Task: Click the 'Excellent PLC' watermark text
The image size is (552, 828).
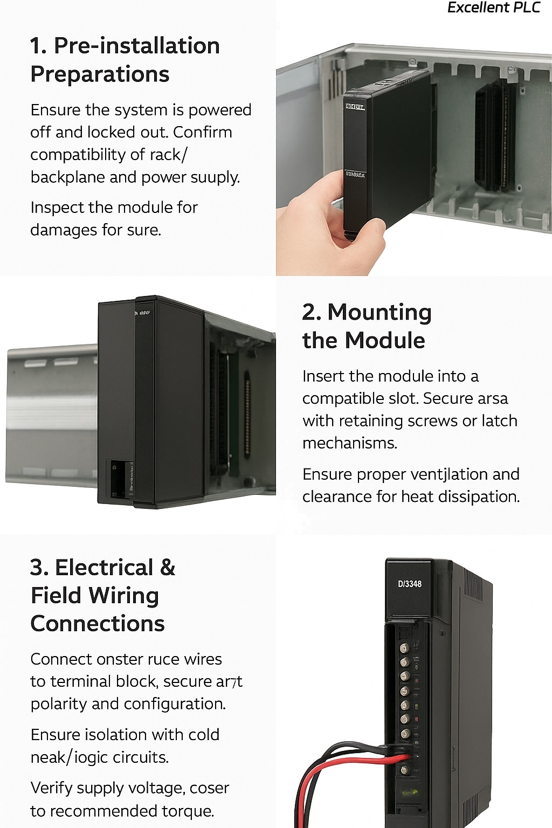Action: coord(493,8)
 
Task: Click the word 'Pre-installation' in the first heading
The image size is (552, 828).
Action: coord(137,46)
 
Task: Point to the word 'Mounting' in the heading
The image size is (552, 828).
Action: coord(379,312)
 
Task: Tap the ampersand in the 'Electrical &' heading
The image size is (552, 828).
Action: coord(168,568)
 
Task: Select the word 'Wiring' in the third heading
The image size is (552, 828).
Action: coord(124,596)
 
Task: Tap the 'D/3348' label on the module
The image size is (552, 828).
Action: coord(410,584)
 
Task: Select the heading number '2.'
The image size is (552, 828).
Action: coord(312,312)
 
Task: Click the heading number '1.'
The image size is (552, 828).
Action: coord(38,46)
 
